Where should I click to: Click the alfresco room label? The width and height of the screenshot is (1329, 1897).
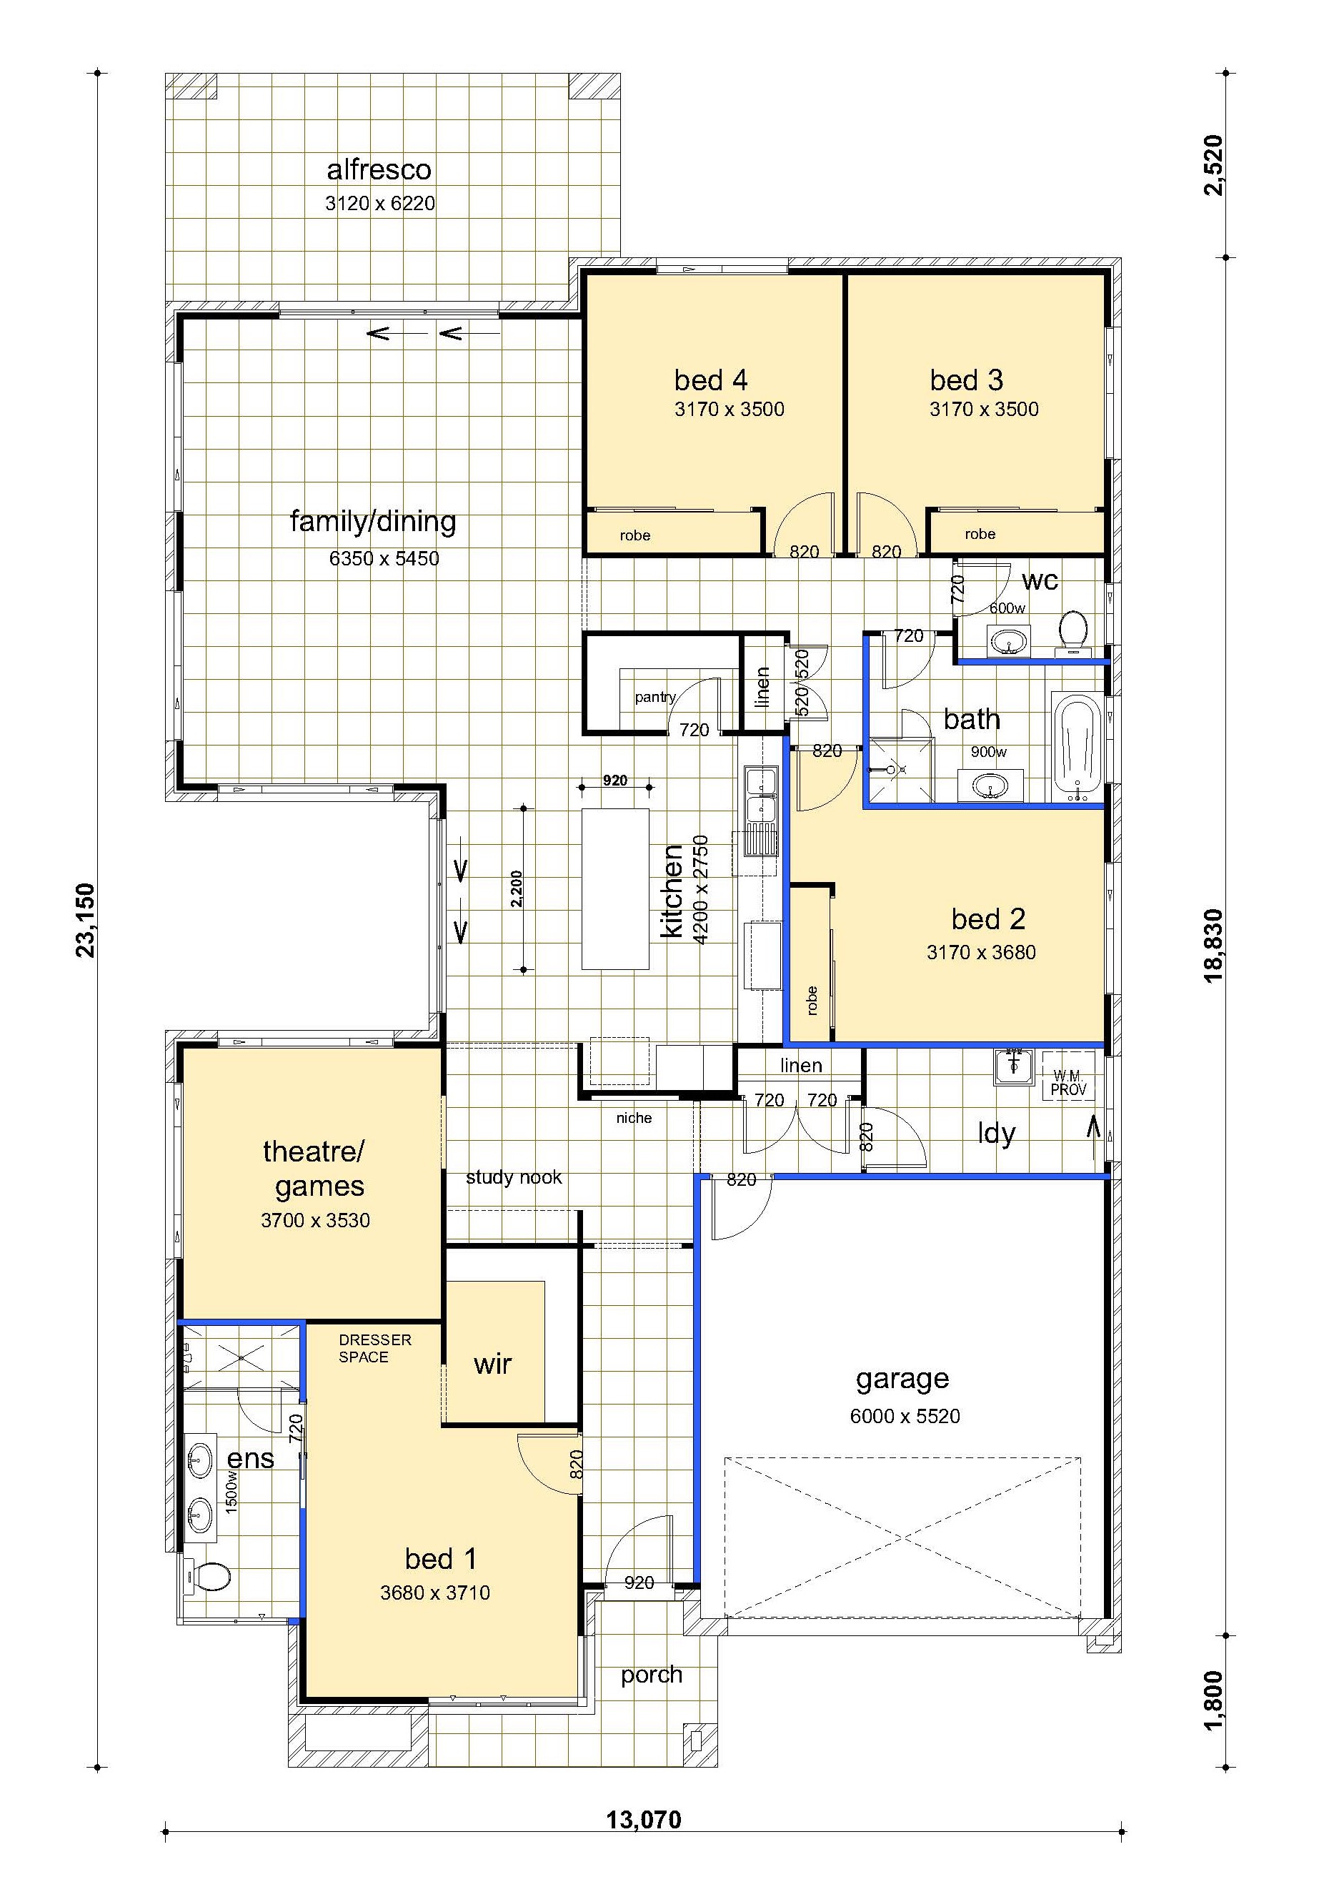pyautogui.click(x=379, y=170)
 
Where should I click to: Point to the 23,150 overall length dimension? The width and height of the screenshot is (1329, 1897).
pyautogui.click(x=86, y=921)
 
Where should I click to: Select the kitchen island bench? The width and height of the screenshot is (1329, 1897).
pyautogui.click(x=614, y=888)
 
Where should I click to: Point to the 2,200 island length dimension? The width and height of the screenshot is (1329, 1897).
pyautogui.click(x=516, y=888)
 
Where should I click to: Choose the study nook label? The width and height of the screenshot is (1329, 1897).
pyautogui.click(x=513, y=1177)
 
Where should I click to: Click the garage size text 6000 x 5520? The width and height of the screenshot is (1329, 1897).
pyautogui.click(x=905, y=1416)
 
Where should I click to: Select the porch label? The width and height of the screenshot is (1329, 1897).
pyautogui.click(x=652, y=1675)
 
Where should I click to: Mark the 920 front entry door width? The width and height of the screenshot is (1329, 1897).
pyautogui.click(x=639, y=1583)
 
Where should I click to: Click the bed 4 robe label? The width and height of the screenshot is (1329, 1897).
pyautogui.click(x=634, y=535)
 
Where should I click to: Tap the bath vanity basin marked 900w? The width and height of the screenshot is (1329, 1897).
pyautogui.click(x=990, y=786)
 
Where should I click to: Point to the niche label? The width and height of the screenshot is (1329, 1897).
pyautogui.click(x=634, y=1118)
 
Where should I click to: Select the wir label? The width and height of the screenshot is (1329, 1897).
pyautogui.click(x=492, y=1363)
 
